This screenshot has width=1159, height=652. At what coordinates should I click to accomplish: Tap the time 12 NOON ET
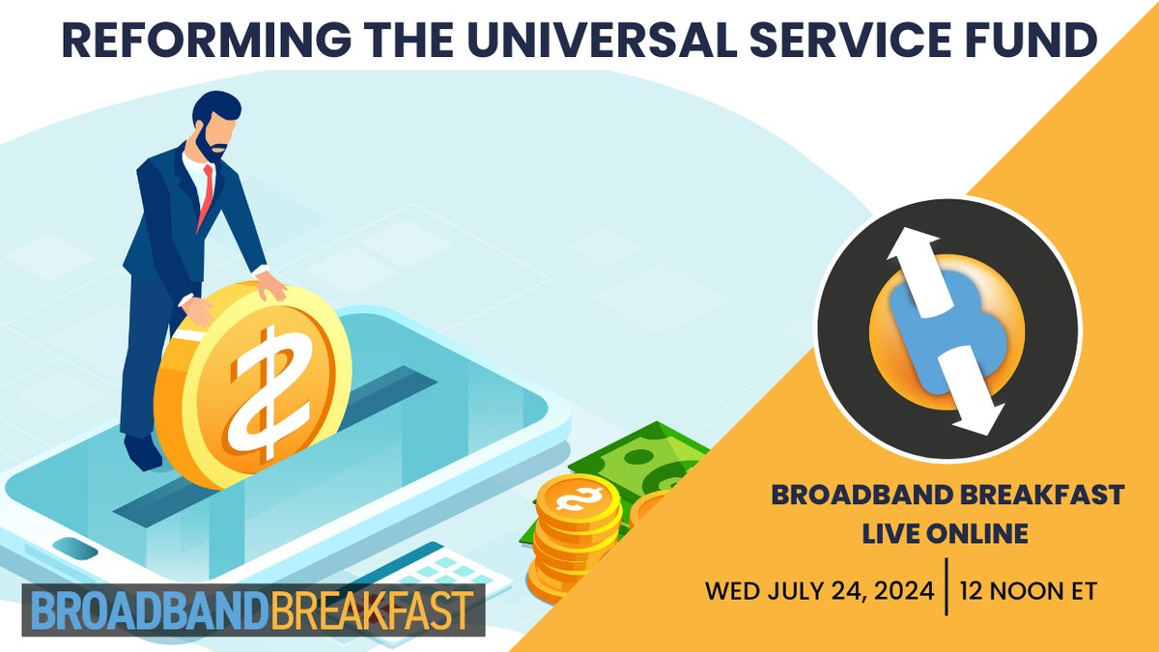coord(1029,590)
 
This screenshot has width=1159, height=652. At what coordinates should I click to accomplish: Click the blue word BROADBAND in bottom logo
coord(145,610)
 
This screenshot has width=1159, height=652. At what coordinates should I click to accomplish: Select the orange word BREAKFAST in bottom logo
coord(372,610)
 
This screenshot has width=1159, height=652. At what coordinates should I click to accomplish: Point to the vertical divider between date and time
coord(947,588)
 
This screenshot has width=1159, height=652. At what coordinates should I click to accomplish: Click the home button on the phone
coord(75,549)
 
